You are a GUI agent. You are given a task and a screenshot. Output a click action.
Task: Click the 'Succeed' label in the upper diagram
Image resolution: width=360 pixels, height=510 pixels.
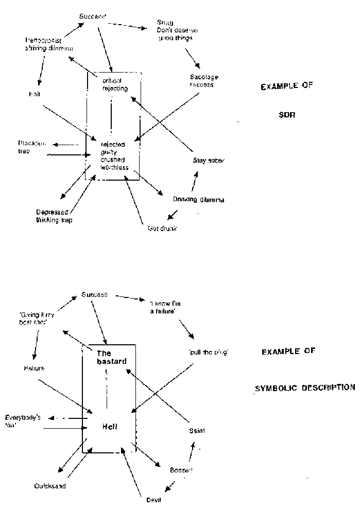click(93, 17)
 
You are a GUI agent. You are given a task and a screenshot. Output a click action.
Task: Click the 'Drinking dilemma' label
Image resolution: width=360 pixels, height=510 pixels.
click(199, 199)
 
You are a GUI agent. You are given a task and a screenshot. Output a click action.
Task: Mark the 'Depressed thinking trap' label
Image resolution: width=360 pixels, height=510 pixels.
click(54, 216)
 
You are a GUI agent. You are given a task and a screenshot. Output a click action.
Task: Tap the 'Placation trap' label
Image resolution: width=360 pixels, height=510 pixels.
click(32, 148)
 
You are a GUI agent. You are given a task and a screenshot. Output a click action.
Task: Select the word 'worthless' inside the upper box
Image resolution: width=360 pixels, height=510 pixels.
click(115, 167)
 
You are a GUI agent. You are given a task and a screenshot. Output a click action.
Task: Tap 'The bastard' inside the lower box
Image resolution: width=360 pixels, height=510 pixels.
click(111, 357)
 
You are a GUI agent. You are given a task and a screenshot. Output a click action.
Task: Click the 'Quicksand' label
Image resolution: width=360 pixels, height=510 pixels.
click(50, 485)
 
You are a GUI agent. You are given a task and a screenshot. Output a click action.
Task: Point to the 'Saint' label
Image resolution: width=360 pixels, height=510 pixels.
click(197, 431)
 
